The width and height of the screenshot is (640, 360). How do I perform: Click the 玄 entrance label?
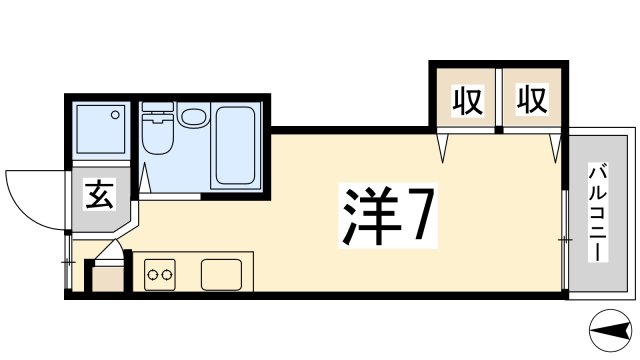pos(97,192)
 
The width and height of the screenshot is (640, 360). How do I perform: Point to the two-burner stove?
pos(159,273)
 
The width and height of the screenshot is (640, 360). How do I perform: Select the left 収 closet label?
pos(466,100)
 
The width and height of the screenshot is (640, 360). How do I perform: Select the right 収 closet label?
pos(531,100)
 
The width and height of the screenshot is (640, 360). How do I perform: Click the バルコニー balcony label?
pos(597,212)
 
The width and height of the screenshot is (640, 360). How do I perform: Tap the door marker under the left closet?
pos(446,148)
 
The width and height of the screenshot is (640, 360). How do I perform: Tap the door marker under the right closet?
pos(553,148)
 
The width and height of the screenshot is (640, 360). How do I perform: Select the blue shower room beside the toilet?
pos(100,132)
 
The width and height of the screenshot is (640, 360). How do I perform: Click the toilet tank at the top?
pos(157,111)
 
